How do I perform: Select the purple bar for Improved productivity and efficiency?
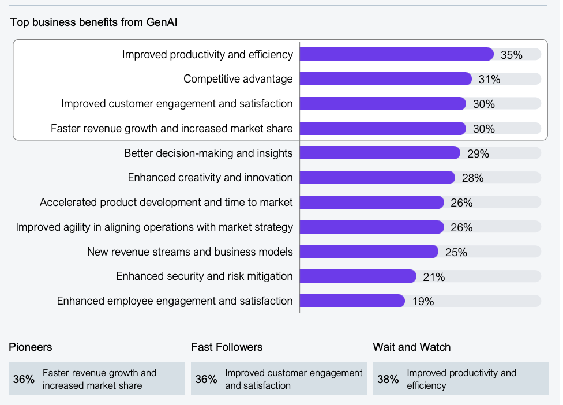pos(396,54)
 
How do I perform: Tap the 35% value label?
pos(511,55)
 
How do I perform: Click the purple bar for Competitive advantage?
pos(385,79)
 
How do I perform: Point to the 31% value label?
pos(489,80)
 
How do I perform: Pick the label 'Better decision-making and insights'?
pos(208,153)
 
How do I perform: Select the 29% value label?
pos(478,153)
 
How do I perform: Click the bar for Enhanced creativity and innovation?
pos(377,178)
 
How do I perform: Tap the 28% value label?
pos(472,178)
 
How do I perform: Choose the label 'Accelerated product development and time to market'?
pos(166,202)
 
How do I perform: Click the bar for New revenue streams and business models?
pos(369,252)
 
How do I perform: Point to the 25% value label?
pos(456,252)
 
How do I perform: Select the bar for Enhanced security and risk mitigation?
pos(358,276)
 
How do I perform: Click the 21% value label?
pos(434,277)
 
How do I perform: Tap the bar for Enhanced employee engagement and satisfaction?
pos(352,301)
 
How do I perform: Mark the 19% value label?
pos(423,301)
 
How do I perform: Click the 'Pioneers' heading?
pos(31,347)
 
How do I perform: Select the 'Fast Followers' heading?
pos(227,347)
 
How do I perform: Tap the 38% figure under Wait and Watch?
pos(388,379)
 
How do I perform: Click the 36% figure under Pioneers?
pos(24,379)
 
